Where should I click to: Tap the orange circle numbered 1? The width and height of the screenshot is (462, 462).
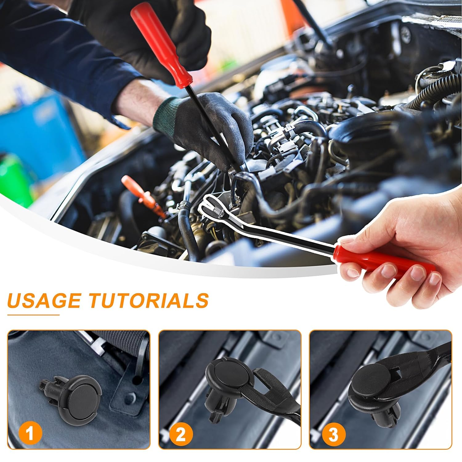(x=30, y=435)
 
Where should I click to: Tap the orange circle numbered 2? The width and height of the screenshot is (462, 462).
(x=181, y=435)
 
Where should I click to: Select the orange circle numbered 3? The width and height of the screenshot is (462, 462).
(x=333, y=435)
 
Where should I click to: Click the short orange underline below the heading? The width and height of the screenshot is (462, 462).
(x=33, y=315)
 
